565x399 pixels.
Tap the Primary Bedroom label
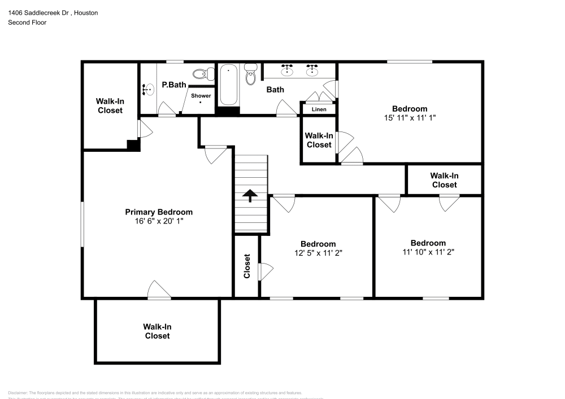[159, 212]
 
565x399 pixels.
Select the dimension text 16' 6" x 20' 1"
[159, 221]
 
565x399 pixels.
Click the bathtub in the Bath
[229, 85]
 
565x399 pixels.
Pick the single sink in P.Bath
[149, 89]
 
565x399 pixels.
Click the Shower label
[201, 96]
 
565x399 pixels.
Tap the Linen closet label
[319, 109]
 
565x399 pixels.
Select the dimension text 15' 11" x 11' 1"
[410, 118]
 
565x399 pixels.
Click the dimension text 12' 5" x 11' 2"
[318, 253]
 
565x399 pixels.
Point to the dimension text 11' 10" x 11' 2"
[428, 252]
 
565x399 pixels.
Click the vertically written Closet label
[247, 266]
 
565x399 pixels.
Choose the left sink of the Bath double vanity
[289, 71]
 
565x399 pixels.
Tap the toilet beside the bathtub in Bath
[251, 74]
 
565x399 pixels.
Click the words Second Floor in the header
[27, 23]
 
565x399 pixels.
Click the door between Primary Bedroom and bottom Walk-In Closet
[159, 292]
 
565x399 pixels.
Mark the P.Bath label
[173, 85]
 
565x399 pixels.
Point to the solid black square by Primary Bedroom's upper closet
[133, 145]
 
